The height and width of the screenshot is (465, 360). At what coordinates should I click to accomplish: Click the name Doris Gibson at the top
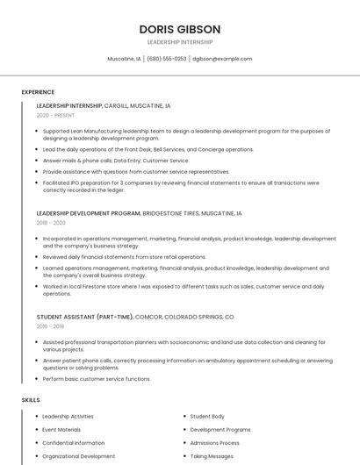[179, 29]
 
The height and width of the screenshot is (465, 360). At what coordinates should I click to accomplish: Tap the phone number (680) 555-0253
[167, 59]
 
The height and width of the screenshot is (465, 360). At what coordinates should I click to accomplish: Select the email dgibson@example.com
[222, 59]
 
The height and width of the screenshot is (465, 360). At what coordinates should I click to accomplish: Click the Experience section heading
[38, 92]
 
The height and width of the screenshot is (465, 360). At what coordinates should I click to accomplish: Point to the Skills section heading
[31, 400]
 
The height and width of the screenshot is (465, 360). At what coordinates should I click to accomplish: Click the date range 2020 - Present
[55, 115]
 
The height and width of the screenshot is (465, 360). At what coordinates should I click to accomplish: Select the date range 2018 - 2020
[51, 223]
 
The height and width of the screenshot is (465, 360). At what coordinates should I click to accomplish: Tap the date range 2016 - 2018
[51, 325]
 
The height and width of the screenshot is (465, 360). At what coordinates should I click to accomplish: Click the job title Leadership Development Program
[89, 213]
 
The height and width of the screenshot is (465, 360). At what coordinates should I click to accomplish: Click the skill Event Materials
[61, 430]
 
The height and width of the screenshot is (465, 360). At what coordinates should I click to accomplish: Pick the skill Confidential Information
[73, 443]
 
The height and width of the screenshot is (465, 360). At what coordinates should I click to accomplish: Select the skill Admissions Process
[215, 443]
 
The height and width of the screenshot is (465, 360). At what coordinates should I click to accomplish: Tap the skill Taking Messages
[212, 456]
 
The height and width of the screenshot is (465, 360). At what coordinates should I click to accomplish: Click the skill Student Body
[207, 417]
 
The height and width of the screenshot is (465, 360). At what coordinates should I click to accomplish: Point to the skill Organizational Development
[78, 456]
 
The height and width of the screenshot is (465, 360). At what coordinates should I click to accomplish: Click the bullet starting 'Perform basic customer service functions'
[97, 379]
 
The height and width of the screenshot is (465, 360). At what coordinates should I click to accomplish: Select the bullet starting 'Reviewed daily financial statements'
[124, 257]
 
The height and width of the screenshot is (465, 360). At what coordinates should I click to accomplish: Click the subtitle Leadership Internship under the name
[179, 42]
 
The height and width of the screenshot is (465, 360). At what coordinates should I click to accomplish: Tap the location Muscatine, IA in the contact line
[124, 59]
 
